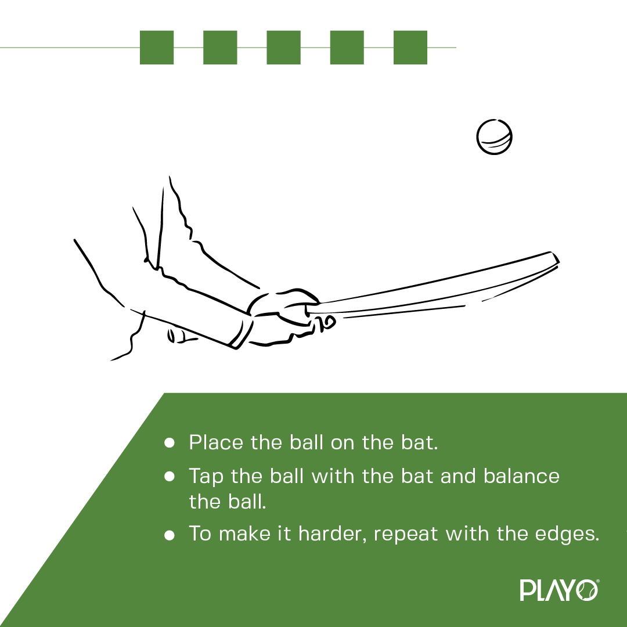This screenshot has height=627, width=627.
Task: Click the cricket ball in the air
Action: pyautogui.click(x=494, y=138)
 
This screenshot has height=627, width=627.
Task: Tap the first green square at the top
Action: pyautogui.click(x=157, y=47)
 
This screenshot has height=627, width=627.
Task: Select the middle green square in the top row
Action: pyautogui.click(x=283, y=47)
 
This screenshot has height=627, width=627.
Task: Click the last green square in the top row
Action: pyautogui.click(x=410, y=47)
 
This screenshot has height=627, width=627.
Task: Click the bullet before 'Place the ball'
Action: pyautogui.click(x=170, y=443)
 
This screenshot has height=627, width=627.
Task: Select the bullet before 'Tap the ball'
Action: pyautogui.click(x=170, y=477)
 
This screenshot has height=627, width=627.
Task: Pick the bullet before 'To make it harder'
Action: pyautogui.click(x=170, y=534)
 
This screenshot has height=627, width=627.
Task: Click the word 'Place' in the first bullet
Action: pyautogui.click(x=216, y=443)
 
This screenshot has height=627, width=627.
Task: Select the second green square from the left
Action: pyautogui.click(x=220, y=47)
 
